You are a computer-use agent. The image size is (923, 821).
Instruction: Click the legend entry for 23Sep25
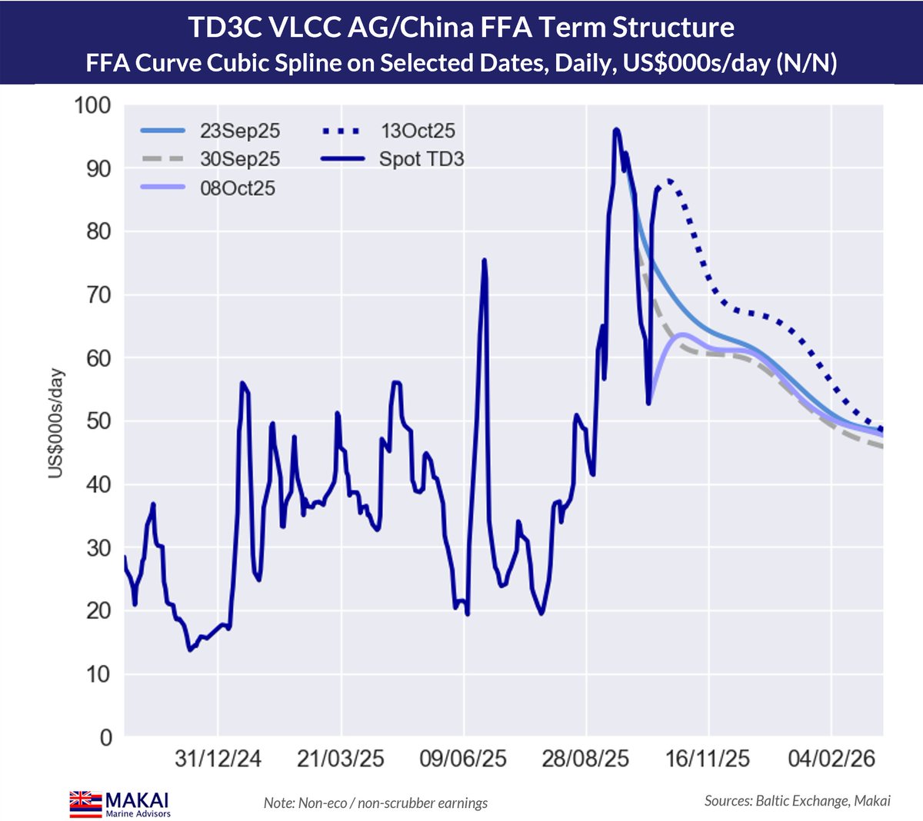[239, 131]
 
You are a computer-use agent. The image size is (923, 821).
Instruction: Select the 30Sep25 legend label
[239, 159]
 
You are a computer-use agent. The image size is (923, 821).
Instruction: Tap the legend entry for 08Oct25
[237, 188]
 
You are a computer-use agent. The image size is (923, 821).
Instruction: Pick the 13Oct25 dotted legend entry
[417, 131]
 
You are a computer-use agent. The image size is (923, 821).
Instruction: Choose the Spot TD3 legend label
[421, 159]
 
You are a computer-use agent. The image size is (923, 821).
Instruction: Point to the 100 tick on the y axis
[92, 105]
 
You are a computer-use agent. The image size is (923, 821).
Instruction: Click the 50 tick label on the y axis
[98, 421]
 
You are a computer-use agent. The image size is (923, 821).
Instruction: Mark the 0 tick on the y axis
[105, 737]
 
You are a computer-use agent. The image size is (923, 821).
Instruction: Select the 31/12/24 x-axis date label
[218, 759]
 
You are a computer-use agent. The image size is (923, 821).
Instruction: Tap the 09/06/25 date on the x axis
[463, 759]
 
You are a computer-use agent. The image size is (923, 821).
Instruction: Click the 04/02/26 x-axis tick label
[831, 759]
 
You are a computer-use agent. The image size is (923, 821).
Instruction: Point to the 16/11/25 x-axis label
[708, 759]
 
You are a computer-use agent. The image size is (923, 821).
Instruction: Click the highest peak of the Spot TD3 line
[616, 130]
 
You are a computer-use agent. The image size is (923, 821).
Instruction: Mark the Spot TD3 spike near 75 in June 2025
[484, 261]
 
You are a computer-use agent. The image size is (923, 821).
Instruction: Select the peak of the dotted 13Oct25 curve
[669, 180]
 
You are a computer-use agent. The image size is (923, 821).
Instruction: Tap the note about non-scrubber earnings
[375, 803]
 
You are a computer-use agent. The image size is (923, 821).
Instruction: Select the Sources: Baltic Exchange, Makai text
[797, 801]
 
